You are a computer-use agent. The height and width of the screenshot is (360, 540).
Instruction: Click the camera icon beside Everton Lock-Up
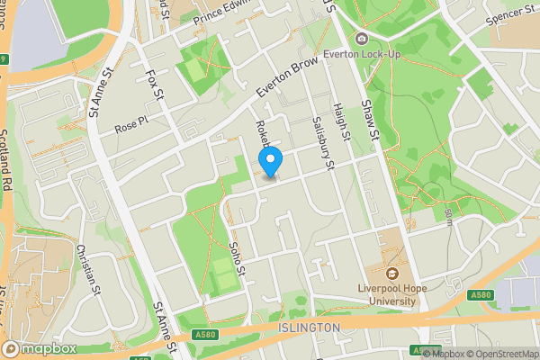(361, 38)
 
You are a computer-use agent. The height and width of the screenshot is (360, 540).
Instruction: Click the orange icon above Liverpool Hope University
(392, 273)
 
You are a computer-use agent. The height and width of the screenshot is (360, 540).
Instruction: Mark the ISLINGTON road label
(310, 327)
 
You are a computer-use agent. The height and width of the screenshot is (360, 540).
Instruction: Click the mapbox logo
(38, 348)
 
